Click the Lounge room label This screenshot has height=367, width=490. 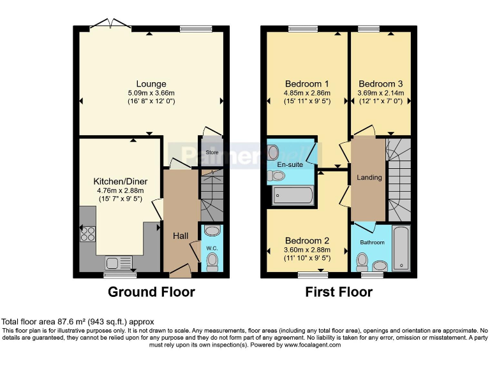pyautogui.click(x=151, y=83)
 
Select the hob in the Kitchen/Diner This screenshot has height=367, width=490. pyautogui.click(x=87, y=234)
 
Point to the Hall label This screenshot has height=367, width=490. pyautogui.click(x=181, y=236)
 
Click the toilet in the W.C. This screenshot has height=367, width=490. pyautogui.click(x=212, y=259)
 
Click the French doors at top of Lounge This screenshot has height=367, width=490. pyautogui.click(x=111, y=24)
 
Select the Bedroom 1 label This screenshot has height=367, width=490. pyautogui.click(x=307, y=83)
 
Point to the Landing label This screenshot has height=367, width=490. pyautogui.click(x=369, y=177)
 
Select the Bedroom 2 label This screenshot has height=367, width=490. pyautogui.click(x=307, y=240)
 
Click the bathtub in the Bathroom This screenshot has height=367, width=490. pyautogui.click(x=400, y=248)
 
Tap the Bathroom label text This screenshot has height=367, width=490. pyautogui.click(x=372, y=243)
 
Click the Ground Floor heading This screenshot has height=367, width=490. pyautogui.click(x=151, y=292)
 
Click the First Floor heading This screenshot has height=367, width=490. pyautogui.click(x=339, y=292)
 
